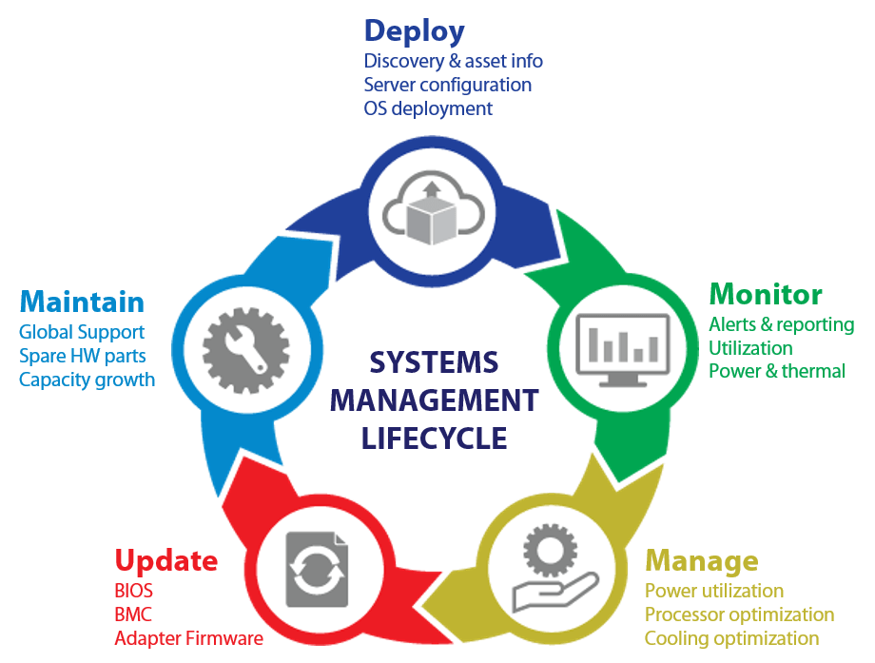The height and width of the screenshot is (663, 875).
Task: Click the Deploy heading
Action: click(414, 32)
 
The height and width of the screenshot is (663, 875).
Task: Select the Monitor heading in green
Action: click(766, 293)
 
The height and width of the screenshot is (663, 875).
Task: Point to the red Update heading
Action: click(165, 560)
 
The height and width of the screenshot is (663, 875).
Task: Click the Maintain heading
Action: click(82, 302)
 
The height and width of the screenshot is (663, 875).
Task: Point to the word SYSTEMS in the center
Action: click(433, 362)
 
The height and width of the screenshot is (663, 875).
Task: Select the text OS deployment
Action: click(428, 108)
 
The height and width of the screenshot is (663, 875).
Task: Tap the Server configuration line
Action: click(447, 85)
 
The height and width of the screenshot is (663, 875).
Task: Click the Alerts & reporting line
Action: click(781, 324)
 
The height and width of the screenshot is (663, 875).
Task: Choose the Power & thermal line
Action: click(776, 371)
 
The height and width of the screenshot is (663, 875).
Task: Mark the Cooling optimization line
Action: click(731, 638)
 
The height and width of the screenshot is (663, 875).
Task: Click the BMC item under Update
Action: click(133, 614)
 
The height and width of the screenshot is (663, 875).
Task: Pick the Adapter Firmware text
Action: click(188, 638)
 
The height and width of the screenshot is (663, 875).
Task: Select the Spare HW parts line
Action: click(82, 356)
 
